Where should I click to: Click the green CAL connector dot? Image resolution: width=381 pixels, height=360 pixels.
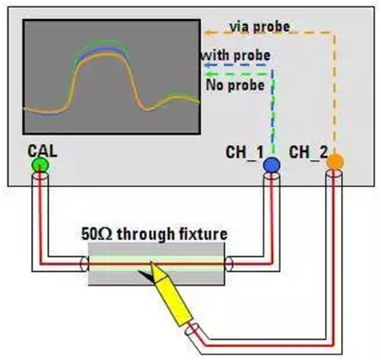(x=40, y=165)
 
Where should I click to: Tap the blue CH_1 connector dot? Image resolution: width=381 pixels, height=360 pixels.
(x=271, y=165)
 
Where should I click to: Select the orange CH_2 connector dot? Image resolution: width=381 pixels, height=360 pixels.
(x=335, y=162)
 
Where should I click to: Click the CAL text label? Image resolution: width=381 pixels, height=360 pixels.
(x=42, y=151)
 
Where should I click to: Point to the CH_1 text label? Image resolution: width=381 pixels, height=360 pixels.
(x=244, y=153)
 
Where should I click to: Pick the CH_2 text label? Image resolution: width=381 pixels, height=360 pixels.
(x=308, y=152)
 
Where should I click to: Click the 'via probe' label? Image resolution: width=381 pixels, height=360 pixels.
(x=260, y=26)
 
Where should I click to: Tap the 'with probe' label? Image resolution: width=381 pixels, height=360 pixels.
(x=236, y=55)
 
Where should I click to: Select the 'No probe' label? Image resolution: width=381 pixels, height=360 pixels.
(x=235, y=86)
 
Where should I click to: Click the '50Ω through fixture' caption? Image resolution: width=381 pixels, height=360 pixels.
(x=154, y=234)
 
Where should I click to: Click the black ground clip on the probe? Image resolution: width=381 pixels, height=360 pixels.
(x=146, y=276)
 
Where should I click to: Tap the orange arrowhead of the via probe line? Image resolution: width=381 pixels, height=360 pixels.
(x=207, y=33)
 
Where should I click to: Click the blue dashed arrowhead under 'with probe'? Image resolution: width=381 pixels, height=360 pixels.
(x=207, y=65)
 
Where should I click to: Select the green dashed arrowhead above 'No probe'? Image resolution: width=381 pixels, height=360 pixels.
(x=207, y=74)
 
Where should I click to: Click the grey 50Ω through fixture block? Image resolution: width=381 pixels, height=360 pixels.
(x=156, y=264)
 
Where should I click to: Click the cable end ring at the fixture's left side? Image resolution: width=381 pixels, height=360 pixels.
(x=85, y=264)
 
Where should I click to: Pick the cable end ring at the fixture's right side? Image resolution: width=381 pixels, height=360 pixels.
(x=229, y=264)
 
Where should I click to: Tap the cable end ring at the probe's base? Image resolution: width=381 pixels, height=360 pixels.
(x=192, y=330)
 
